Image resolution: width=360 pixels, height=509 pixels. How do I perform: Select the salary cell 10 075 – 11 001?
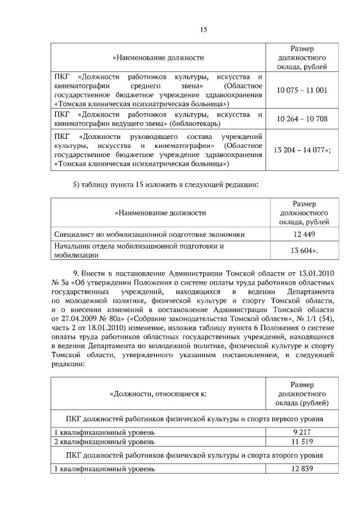(301, 90)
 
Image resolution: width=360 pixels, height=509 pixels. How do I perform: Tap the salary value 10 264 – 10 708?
(301, 119)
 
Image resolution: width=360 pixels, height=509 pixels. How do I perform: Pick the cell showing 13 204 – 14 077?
(302, 150)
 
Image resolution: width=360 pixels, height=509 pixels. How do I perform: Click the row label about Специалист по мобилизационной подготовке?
(150, 234)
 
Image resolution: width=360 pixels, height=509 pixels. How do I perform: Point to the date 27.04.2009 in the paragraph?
(78, 319)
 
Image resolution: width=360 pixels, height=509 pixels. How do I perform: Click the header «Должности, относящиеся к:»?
(158, 394)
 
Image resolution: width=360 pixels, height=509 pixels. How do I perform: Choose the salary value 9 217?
(303, 432)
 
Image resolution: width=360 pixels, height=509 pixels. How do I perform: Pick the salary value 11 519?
(303, 442)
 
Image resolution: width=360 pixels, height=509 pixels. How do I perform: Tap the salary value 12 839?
(303, 469)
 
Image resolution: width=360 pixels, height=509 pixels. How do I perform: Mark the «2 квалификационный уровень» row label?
(104, 442)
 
